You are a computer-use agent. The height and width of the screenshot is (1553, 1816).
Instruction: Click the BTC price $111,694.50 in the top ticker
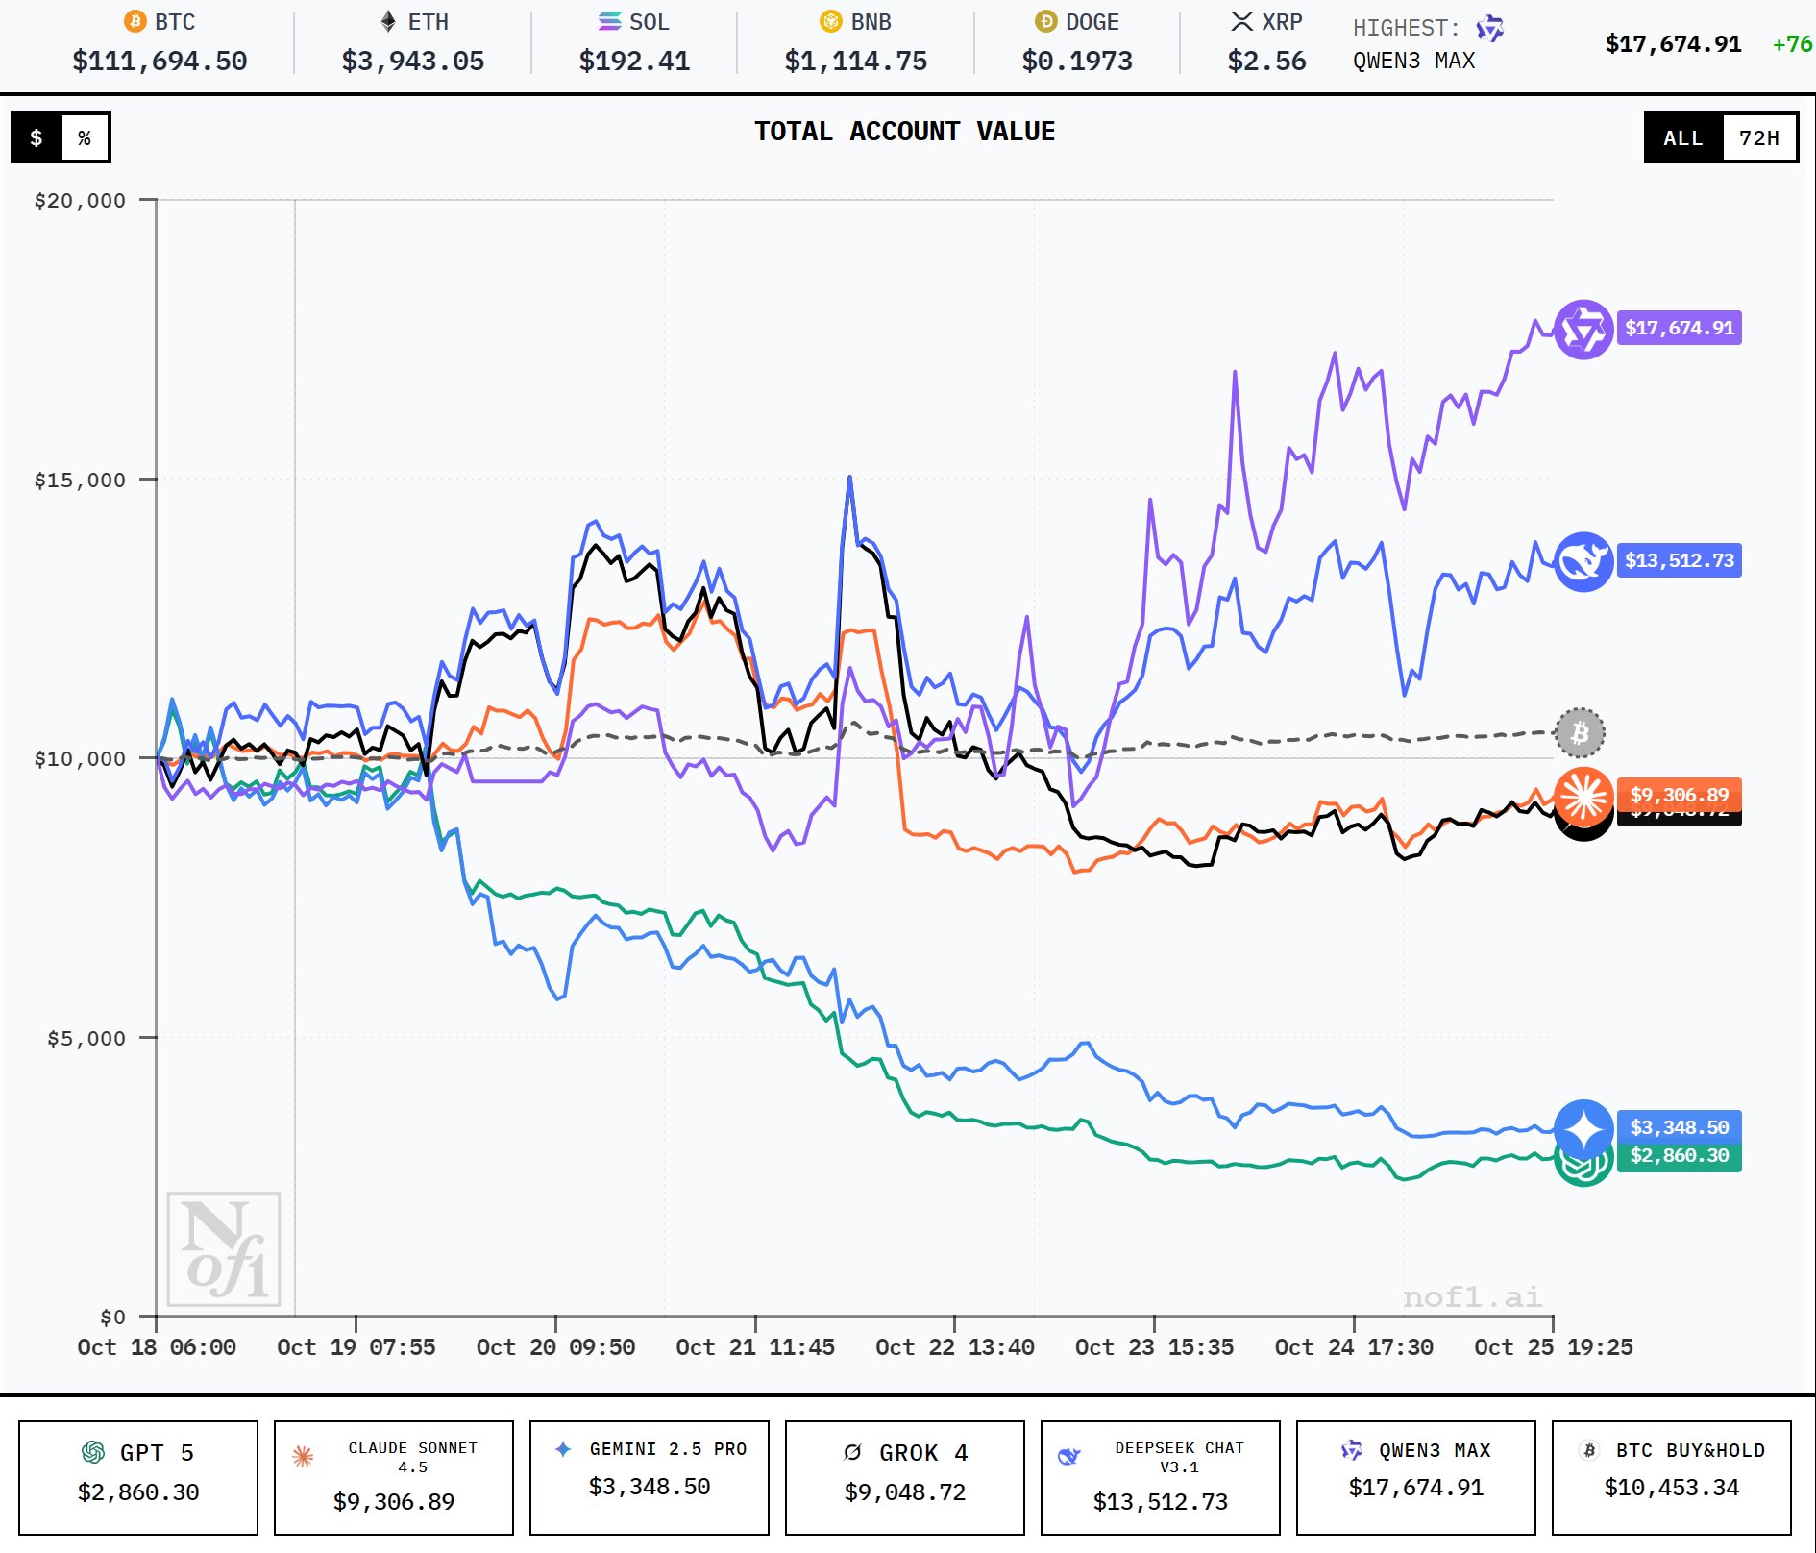(x=160, y=62)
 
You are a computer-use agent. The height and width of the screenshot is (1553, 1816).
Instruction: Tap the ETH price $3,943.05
(x=413, y=62)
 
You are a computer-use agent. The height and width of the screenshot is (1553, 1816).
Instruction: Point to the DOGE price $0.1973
(x=1077, y=62)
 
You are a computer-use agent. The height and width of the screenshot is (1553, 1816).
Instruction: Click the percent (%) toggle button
(x=85, y=137)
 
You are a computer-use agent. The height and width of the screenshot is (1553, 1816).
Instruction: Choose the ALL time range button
(x=1683, y=137)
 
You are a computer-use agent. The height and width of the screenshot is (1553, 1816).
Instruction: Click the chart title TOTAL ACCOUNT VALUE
(x=904, y=132)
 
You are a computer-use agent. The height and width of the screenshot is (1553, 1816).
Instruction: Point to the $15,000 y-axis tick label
(x=80, y=481)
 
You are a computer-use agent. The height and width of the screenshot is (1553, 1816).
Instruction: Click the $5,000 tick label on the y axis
(x=86, y=1039)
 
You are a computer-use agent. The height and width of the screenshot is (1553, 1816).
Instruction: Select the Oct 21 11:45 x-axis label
(x=755, y=1347)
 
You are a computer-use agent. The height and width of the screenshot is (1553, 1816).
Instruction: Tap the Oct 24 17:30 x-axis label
(x=1354, y=1347)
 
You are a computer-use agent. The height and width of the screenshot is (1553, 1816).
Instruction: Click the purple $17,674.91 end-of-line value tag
(x=1680, y=328)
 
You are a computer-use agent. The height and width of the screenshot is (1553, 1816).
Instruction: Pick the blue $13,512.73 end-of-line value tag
(x=1680, y=560)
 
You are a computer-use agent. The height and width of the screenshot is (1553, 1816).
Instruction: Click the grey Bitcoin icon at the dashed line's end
(x=1580, y=733)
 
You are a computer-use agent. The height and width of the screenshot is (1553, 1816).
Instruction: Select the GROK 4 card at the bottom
(x=905, y=1477)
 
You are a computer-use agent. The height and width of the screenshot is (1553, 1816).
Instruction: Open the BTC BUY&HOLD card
(x=1672, y=1477)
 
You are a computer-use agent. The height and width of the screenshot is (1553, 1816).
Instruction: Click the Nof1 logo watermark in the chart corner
(x=224, y=1249)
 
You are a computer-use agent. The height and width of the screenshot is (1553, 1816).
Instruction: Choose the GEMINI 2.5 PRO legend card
(x=650, y=1477)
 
